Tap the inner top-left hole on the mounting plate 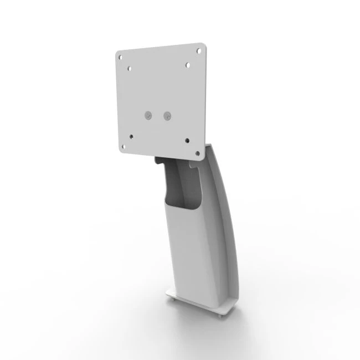130,69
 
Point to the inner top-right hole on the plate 188,65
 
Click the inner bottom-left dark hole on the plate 131,135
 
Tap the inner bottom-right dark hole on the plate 188,141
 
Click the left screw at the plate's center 148,115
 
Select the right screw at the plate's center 168,116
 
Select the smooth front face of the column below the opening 188,255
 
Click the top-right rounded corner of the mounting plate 203,44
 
